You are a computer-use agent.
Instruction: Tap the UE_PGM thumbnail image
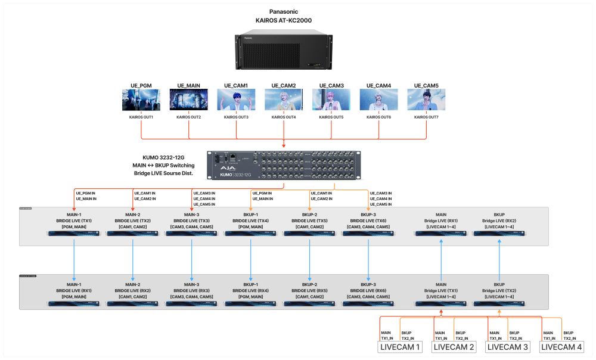pos(141,100)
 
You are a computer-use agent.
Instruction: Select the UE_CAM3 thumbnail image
pos(331,100)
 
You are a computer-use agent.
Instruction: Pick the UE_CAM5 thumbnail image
pos(426,100)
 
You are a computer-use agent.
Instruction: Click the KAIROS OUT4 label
pos(283,117)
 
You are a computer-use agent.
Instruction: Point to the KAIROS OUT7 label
pos(426,117)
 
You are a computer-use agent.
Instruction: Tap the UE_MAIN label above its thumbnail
pos(188,86)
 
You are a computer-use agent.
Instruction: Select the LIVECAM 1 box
pos(400,347)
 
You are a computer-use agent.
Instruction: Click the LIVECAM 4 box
pos(562,347)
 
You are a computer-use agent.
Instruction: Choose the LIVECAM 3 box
pos(508,347)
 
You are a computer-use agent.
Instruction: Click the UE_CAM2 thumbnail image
pos(283,100)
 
